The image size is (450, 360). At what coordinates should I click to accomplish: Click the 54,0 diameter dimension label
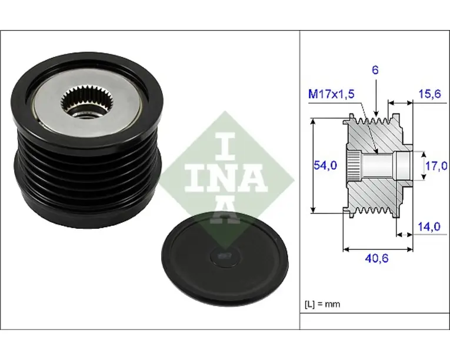(325, 165)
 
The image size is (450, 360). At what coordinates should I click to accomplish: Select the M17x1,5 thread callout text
(331, 94)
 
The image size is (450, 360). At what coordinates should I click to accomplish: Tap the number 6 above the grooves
(375, 70)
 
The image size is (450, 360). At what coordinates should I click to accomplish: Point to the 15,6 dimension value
(429, 94)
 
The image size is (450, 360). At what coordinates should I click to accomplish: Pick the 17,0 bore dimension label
(436, 166)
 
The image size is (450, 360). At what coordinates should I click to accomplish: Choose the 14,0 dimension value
(429, 227)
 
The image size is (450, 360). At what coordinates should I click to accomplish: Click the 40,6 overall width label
(377, 258)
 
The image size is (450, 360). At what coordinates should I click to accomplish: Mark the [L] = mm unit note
(322, 304)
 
